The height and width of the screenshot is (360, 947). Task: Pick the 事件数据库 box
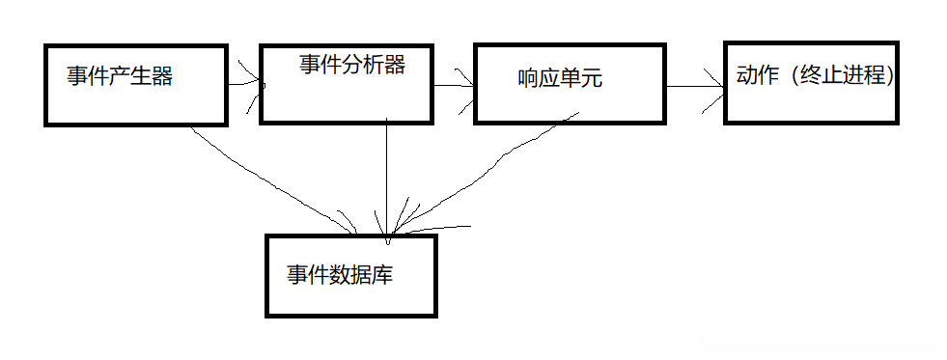click(x=351, y=290)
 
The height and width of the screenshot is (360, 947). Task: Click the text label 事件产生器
click(x=120, y=76)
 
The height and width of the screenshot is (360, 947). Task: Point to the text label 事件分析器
click(x=351, y=65)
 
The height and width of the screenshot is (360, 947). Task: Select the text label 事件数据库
click(x=339, y=274)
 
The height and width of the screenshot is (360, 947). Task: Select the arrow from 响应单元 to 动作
click(x=694, y=87)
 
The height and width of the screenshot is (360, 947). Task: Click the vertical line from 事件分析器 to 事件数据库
click(x=386, y=174)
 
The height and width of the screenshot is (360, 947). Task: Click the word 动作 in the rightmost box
click(x=757, y=76)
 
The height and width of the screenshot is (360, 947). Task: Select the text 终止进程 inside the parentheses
click(x=846, y=76)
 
